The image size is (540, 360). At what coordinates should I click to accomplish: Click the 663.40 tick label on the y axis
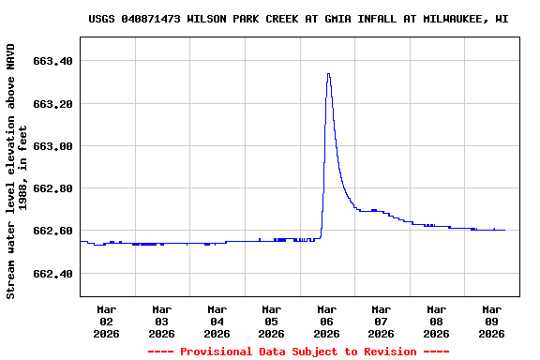pyautogui.click(x=53, y=61)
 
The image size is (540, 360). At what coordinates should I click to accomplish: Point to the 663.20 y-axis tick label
pyautogui.click(x=53, y=104)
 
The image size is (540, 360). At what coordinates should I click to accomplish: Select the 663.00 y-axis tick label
pyautogui.click(x=53, y=146)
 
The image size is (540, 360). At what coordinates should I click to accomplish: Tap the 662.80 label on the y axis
pyautogui.click(x=53, y=188)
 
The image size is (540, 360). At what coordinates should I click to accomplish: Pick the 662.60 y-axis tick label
pyautogui.click(x=53, y=231)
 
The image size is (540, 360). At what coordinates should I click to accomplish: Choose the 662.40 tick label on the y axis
pyautogui.click(x=53, y=274)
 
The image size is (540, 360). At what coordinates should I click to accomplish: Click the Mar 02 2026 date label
pyautogui.click(x=107, y=321)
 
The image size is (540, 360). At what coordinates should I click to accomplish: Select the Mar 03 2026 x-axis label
pyautogui.click(x=161, y=321)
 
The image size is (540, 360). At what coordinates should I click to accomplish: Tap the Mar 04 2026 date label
pyautogui.click(x=217, y=321)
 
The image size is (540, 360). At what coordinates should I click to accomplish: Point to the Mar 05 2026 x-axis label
pyautogui.click(x=271, y=321)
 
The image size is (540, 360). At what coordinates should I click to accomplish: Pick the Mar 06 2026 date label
pyautogui.click(x=326, y=321)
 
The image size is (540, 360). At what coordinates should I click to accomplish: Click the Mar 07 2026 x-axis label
pyautogui.click(x=381, y=321)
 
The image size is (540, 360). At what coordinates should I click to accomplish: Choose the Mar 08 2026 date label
pyautogui.click(x=436, y=321)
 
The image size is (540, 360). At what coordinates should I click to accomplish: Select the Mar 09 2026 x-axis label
pyautogui.click(x=491, y=321)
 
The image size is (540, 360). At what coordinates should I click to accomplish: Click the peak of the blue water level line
pyautogui.click(x=328, y=73)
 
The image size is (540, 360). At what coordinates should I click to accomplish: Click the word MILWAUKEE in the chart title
pyautogui.click(x=457, y=19)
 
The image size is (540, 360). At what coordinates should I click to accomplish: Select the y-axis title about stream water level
pyautogui.click(x=17, y=171)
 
